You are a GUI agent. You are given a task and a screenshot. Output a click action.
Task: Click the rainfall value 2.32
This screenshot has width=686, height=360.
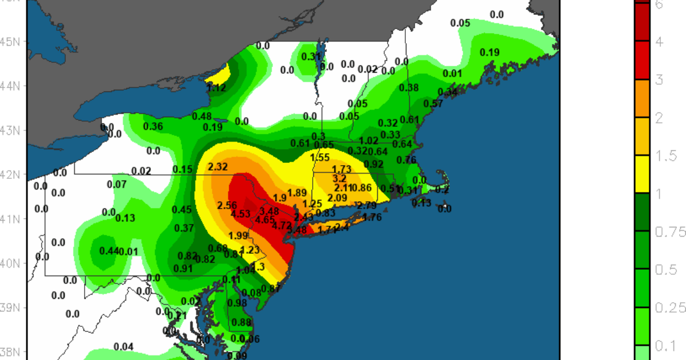(x=218, y=167)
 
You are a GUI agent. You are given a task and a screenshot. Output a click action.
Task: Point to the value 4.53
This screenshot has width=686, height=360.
(x=240, y=214)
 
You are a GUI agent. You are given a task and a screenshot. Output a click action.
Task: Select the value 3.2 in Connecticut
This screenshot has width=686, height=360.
(x=339, y=178)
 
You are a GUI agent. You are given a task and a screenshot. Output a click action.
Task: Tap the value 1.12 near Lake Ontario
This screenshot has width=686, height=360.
(x=217, y=87)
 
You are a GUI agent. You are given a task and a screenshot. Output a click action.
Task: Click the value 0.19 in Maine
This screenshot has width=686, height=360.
(x=489, y=53)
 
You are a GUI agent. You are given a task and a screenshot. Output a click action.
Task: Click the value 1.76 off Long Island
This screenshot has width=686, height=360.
(x=372, y=217)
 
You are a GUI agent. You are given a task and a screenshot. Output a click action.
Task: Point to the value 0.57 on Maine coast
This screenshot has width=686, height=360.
(x=433, y=103)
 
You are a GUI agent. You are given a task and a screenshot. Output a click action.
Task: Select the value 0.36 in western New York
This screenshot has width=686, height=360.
(x=153, y=126)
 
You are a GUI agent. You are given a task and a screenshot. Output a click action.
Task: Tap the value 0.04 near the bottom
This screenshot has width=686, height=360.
(x=123, y=347)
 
